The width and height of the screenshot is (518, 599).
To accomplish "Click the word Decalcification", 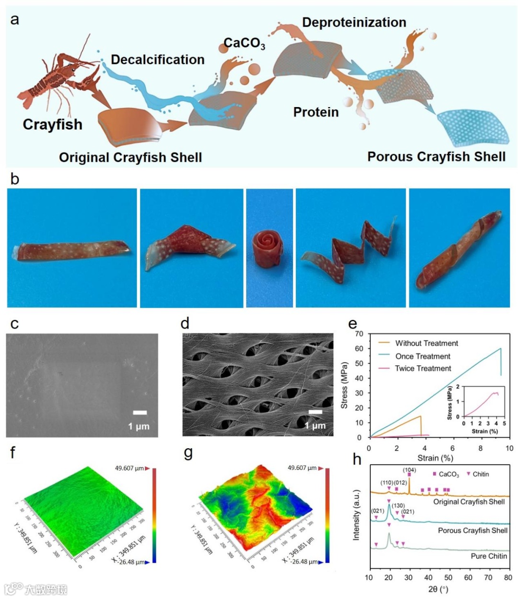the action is pos(157,60).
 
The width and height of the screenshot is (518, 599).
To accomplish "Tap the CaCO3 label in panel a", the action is pos(244,44).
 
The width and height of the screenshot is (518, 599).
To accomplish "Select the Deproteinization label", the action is pos(354,23).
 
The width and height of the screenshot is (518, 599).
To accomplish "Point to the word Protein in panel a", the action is pos(316,112).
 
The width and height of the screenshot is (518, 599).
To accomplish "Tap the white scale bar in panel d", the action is pos(315,412).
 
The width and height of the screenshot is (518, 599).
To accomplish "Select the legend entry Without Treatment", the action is pos(426,343).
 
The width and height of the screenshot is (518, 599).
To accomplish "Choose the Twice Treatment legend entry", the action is pos(423,369).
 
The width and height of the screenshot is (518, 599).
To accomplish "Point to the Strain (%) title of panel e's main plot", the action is pos(435,458).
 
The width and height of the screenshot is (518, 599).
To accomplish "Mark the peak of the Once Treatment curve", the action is pos(500,348).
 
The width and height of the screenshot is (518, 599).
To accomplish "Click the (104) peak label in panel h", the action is pos(409,470).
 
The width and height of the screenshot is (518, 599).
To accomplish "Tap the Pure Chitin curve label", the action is pos(489,556).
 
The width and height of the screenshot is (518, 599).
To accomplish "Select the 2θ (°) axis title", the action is pos(437,589).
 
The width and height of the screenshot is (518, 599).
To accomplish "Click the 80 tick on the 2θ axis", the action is pos(508,577).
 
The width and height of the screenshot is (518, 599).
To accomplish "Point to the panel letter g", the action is pos(188,453).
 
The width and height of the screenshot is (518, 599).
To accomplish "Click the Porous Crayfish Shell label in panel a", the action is pos(436,157).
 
